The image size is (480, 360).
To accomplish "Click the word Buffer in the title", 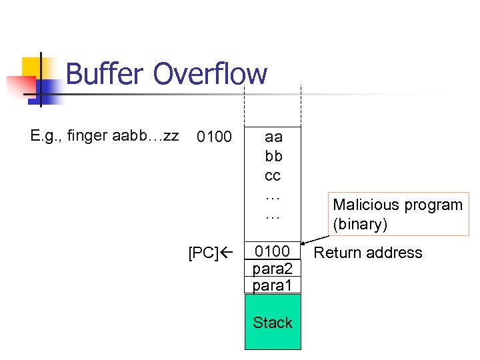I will coord(105,74).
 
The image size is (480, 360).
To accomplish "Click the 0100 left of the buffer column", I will coord(213,138).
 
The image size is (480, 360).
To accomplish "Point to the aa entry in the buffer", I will coord(273,137).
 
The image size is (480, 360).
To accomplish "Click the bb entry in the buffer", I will coord(273,157).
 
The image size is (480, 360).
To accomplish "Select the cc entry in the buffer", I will coord(273,176).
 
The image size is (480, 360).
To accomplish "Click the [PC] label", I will coord(202,253).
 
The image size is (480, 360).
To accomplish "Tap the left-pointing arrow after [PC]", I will coord(224,253).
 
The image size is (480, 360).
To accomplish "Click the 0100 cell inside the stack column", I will coord(273,251).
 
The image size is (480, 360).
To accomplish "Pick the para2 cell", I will coord(273,268).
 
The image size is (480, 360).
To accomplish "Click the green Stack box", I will coord(273,323).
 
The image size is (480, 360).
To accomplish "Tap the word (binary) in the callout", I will coord(360,224).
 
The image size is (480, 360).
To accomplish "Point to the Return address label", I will coord(368,253).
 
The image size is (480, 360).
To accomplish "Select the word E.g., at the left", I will coord(46,136).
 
